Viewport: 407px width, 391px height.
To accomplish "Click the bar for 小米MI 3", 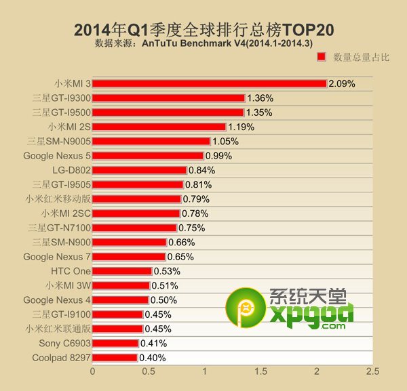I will pos(210,83).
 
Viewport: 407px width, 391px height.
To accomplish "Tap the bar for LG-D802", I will pos(139,170).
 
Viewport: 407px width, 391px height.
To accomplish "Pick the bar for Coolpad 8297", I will pos(115,358).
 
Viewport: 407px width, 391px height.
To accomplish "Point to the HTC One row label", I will pos(71,271).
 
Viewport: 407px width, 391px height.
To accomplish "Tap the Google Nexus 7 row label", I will pos(57,257).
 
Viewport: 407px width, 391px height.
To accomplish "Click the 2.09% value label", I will pos(342,84).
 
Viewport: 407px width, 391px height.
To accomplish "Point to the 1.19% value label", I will pos(241,127).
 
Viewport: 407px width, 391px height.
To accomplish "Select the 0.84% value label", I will pos(201,170).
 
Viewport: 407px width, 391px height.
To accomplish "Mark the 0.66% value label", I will pos(181,242).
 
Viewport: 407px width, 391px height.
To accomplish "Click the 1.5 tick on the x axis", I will pos(260,371).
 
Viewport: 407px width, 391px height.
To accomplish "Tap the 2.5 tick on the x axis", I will pos(372,371).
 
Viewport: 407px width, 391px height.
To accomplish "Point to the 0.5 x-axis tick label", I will pos(148,371).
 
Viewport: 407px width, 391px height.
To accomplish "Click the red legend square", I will pos(322,58).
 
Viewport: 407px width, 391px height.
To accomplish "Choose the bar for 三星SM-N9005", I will pos(151,141).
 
